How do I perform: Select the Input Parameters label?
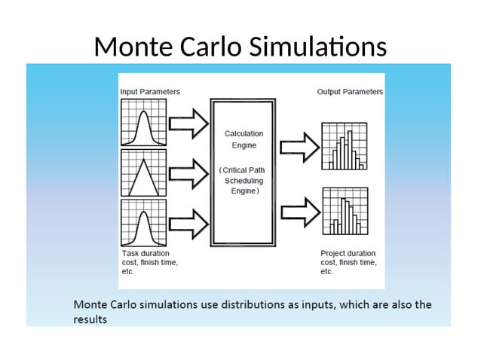150,91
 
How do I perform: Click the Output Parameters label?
349,91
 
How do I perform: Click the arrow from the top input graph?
188,124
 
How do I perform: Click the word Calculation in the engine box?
244,133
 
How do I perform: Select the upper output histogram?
345,146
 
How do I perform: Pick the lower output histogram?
345,212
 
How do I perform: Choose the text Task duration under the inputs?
146,254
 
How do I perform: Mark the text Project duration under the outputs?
348,254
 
